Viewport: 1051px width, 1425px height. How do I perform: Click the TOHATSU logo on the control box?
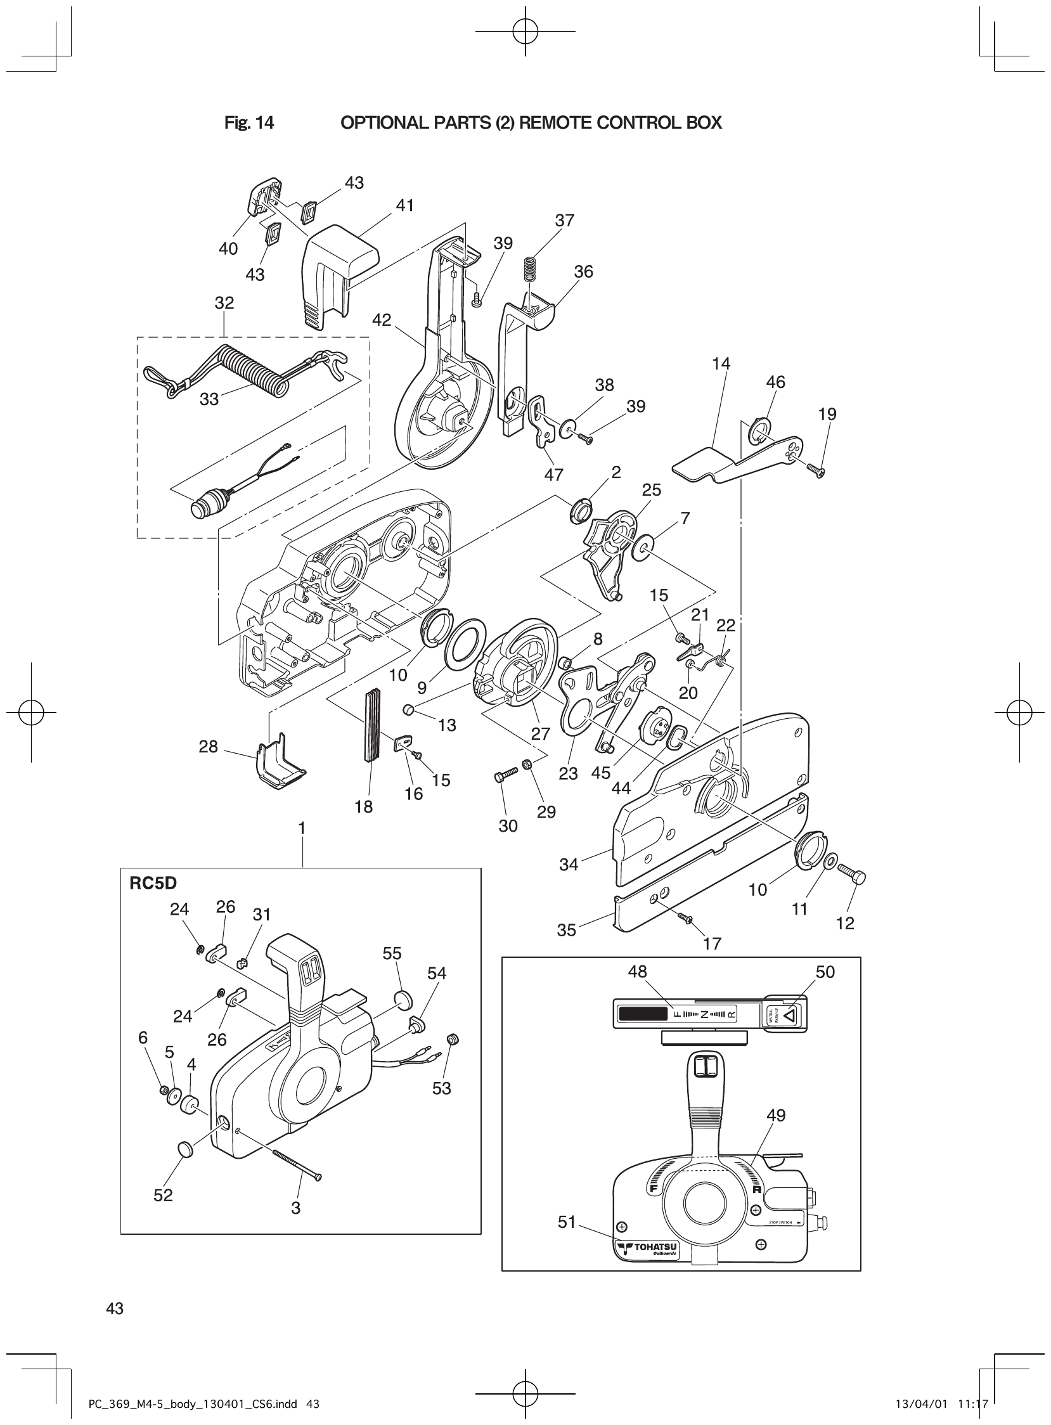point(647,1249)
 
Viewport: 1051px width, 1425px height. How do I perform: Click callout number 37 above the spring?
point(564,221)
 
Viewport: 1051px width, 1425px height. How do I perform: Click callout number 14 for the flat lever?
point(721,364)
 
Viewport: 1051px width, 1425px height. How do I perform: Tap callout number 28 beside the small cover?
point(208,746)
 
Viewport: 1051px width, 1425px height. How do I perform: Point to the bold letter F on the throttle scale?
point(652,1188)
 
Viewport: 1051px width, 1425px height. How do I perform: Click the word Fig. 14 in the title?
point(248,123)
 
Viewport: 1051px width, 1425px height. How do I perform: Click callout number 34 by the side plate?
point(568,865)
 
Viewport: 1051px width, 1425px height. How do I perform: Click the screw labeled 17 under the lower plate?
point(685,917)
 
